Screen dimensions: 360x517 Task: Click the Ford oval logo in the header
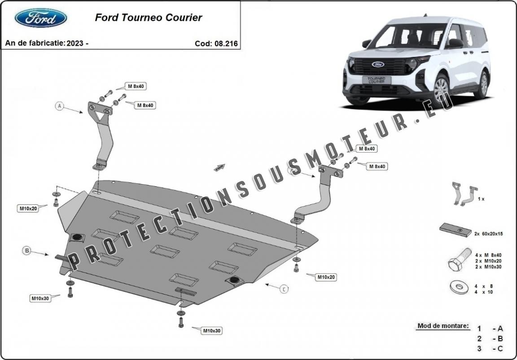pos(41,18)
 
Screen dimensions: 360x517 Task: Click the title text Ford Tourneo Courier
pos(148,18)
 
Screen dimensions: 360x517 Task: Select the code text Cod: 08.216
pos(216,44)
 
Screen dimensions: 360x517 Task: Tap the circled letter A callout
pos(59,106)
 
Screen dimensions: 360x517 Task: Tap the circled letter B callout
pos(27,250)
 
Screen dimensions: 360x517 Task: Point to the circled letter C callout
pos(284,289)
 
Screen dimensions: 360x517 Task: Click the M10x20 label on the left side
pos(28,208)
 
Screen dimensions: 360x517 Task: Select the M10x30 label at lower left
pos(40,298)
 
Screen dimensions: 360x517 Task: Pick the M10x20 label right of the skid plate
pos(326,277)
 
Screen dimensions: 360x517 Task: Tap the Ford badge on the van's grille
pos(377,64)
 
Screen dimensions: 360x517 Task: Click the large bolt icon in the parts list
pos(458,260)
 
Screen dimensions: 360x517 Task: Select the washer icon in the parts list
pos(458,287)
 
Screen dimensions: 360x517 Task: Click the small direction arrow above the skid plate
pos(219,167)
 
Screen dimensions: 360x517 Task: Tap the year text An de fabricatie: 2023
pos(47,43)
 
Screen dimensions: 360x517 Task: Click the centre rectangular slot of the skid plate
pos(164,251)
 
